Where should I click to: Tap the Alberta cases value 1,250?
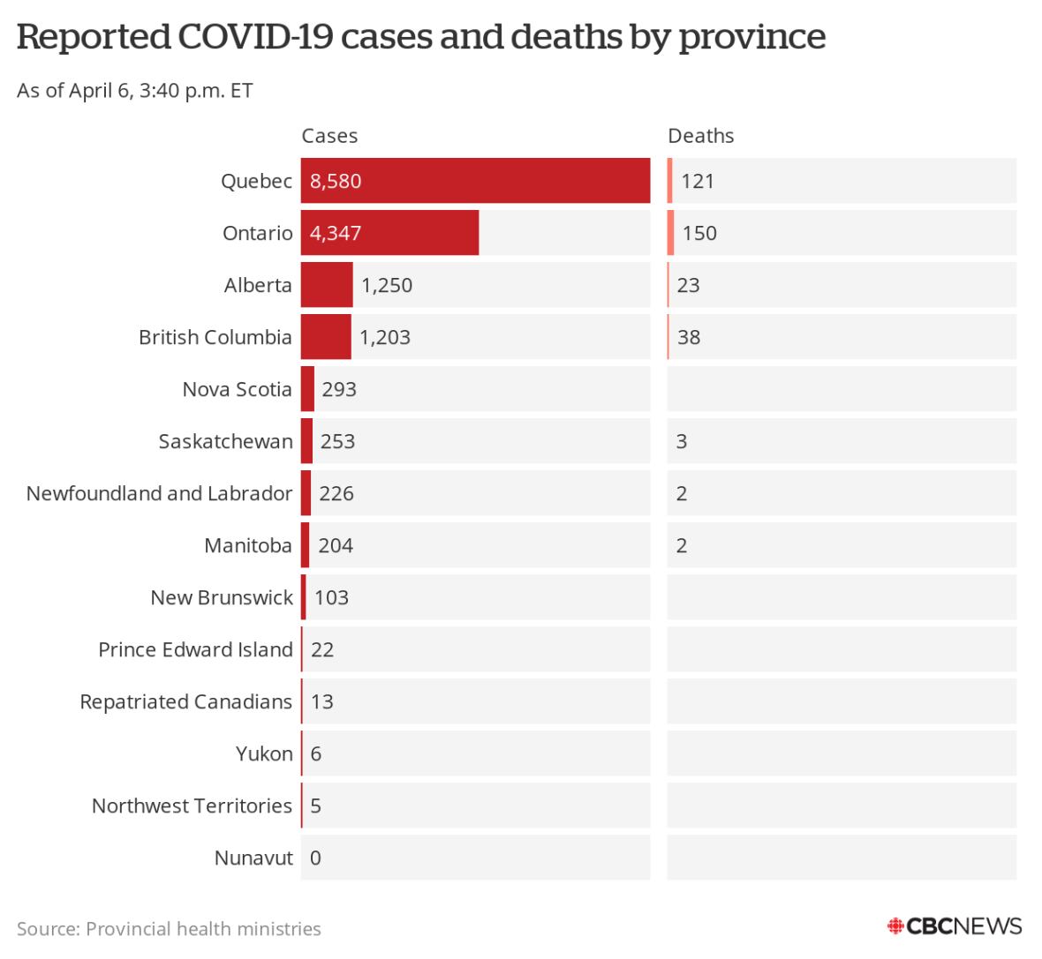point(387,285)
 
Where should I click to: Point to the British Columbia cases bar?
point(326,337)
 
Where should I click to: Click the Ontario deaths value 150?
point(699,233)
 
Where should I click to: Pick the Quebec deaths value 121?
point(698,181)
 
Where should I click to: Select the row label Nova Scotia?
point(237,389)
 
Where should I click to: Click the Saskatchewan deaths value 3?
point(682,441)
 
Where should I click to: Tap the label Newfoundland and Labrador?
point(159,493)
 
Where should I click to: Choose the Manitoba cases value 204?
point(336,545)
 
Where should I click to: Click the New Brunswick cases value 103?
point(331,597)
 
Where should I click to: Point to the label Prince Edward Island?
point(195,649)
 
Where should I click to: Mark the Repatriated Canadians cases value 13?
point(322,701)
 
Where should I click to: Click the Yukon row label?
point(264,753)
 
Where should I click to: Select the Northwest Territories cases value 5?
point(316,805)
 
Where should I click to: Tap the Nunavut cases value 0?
point(316,858)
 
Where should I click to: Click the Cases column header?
point(329,136)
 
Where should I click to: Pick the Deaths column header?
point(701,136)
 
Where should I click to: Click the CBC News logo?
point(955,926)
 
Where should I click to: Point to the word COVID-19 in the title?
point(255,37)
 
